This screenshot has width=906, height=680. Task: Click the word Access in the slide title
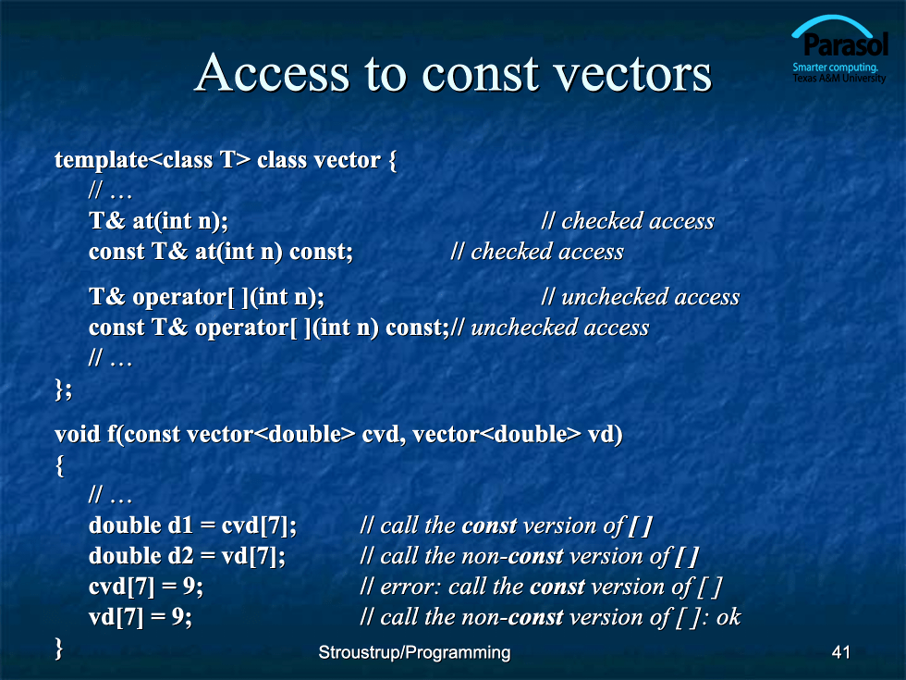click(x=273, y=73)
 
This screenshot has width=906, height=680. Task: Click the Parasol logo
click(x=839, y=50)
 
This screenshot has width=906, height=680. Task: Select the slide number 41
click(x=840, y=652)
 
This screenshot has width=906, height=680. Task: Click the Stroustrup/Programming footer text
click(x=414, y=653)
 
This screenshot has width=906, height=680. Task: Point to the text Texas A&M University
click(x=839, y=78)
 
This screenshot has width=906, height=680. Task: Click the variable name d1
click(x=179, y=525)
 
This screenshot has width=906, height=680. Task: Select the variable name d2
click(x=180, y=556)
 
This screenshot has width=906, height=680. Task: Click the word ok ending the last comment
click(x=728, y=617)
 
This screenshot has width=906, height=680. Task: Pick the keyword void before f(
click(x=77, y=434)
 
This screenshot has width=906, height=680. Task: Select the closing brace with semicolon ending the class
click(x=64, y=389)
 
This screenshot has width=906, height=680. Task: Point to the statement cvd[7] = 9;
click(x=146, y=587)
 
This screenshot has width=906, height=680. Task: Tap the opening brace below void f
click(x=59, y=465)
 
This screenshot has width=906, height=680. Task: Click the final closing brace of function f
click(x=59, y=649)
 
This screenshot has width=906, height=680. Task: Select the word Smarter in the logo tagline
click(x=810, y=67)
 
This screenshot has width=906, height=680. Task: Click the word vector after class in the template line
click(x=344, y=160)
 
